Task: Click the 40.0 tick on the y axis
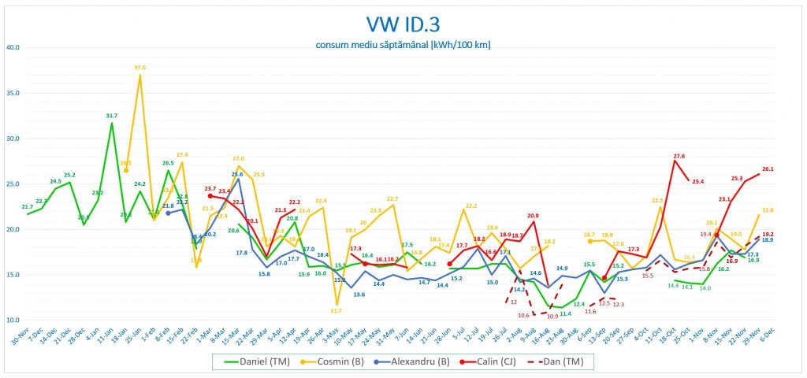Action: point(13,47)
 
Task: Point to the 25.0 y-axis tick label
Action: point(13,184)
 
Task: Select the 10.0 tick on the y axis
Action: point(13,321)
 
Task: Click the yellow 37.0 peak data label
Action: point(140,68)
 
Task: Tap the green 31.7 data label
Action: point(111,116)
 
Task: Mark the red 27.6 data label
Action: point(679,156)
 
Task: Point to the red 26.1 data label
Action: point(768,169)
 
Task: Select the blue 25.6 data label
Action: point(237,174)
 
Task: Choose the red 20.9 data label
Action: point(533,215)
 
